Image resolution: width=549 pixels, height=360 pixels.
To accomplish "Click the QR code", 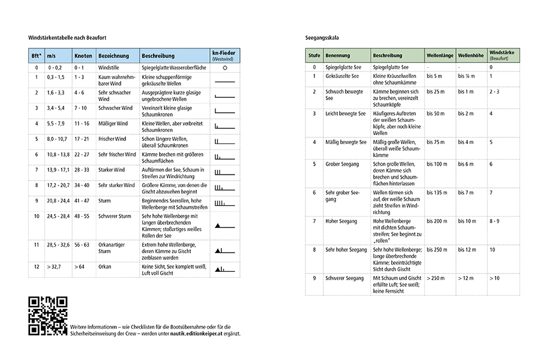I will (48, 316).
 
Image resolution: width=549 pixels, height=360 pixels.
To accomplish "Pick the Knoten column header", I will (83, 55).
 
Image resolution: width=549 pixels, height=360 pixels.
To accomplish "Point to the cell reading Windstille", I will (109, 68).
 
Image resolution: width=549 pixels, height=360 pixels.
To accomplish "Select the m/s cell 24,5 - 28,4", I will (58, 216).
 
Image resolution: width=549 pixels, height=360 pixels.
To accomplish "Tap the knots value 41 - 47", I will (83, 200).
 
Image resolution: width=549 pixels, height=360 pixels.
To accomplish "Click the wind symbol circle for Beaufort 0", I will (224, 68).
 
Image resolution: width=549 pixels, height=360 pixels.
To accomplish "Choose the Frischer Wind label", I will (112, 139).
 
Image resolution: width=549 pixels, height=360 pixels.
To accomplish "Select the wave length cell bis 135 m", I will (437, 193).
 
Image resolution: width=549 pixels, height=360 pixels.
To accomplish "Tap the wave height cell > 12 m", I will (466, 278).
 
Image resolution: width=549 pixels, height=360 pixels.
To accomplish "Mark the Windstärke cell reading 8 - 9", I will (494, 221).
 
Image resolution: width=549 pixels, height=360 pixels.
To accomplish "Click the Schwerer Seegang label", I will (344, 278).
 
